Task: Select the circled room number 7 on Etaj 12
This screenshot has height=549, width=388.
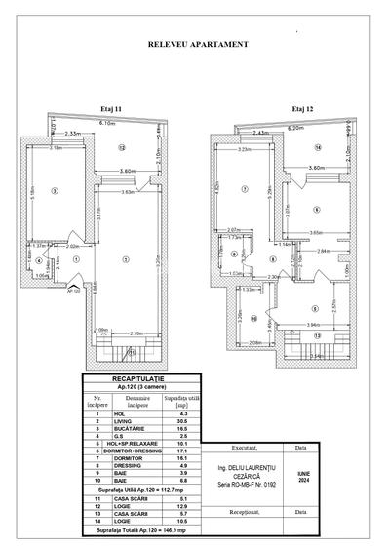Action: [x=247, y=189]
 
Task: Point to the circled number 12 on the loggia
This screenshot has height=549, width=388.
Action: [x=122, y=147]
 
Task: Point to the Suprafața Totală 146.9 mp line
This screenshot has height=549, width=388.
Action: [x=136, y=536]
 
